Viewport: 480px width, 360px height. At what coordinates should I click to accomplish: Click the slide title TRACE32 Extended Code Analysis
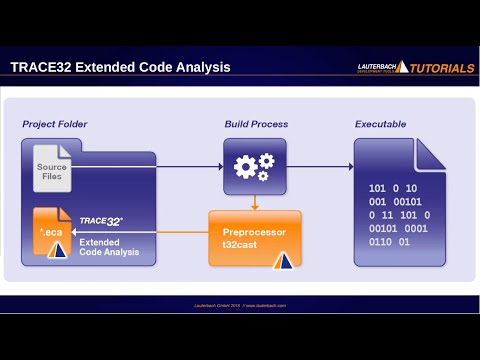[x=120, y=67]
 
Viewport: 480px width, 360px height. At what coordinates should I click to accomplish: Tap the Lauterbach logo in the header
[x=381, y=67]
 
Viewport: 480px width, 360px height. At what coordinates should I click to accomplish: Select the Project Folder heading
[x=55, y=124]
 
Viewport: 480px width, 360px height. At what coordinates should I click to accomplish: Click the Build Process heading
[x=256, y=124]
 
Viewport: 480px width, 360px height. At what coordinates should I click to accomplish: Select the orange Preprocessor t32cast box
[x=254, y=238]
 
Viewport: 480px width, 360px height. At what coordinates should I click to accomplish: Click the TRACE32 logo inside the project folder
[x=101, y=218]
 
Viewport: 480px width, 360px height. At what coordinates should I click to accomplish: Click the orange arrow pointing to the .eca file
[x=140, y=233]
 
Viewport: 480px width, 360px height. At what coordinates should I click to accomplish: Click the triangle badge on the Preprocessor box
[x=284, y=261]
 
